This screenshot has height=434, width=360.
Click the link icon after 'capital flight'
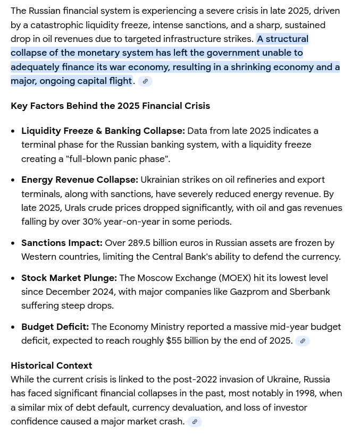pyautogui.click(x=145, y=81)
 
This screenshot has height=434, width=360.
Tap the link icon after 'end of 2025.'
pyautogui.click(x=303, y=341)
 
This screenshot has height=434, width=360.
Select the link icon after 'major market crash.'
pyautogui.click(x=195, y=422)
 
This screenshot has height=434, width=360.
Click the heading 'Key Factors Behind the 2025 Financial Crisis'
pyautogui.click(x=110, y=106)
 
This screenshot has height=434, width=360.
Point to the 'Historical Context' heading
pyautogui.click(x=51, y=365)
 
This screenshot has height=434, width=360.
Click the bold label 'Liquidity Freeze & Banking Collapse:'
pyautogui.click(x=103, y=131)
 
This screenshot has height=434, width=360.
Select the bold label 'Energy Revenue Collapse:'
pyautogui.click(x=80, y=180)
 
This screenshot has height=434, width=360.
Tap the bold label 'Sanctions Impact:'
pyautogui.click(x=62, y=243)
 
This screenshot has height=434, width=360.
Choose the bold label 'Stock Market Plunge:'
pyautogui.click(x=69, y=278)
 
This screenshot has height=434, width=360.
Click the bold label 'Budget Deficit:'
pyautogui.click(x=55, y=327)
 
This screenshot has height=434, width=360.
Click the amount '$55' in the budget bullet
pyautogui.click(x=174, y=341)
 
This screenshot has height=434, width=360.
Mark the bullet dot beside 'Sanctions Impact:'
pyautogui.click(x=13, y=243)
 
